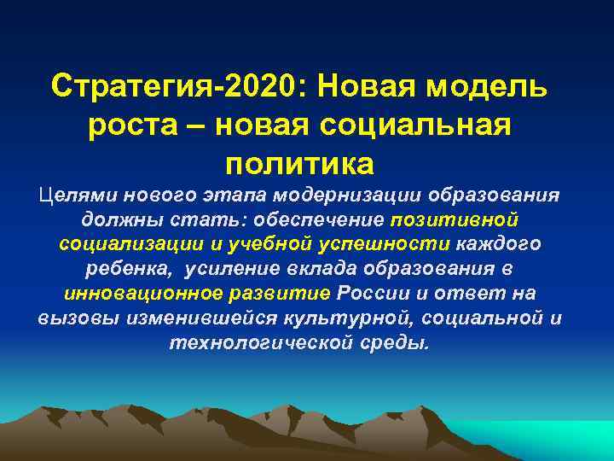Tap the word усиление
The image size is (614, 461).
click(221, 269)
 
